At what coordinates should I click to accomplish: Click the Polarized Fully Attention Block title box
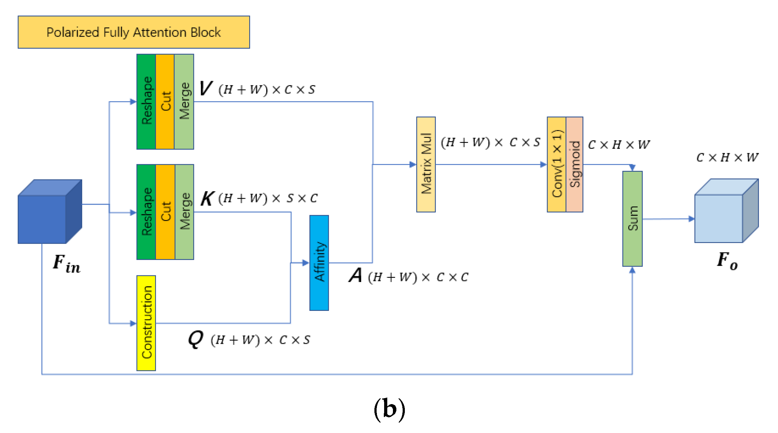click(134, 32)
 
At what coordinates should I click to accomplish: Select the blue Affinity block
click(319, 263)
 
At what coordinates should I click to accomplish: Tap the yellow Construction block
click(146, 323)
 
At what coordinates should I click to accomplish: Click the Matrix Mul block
click(426, 164)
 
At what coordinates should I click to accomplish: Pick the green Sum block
click(632, 219)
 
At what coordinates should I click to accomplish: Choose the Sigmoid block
click(574, 164)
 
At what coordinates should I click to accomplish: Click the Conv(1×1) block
click(556, 164)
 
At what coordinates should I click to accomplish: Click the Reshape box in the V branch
click(146, 101)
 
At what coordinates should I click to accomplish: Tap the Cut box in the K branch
click(165, 212)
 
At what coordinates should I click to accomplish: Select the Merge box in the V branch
click(184, 101)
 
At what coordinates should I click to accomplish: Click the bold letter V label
click(206, 88)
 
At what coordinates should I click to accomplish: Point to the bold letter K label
click(207, 198)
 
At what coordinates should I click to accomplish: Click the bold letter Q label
click(196, 339)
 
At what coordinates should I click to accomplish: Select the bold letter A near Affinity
click(356, 275)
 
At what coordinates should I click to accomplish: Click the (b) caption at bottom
click(389, 409)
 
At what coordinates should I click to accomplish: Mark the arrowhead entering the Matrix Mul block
click(413, 164)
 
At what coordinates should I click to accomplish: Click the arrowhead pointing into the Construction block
click(133, 323)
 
